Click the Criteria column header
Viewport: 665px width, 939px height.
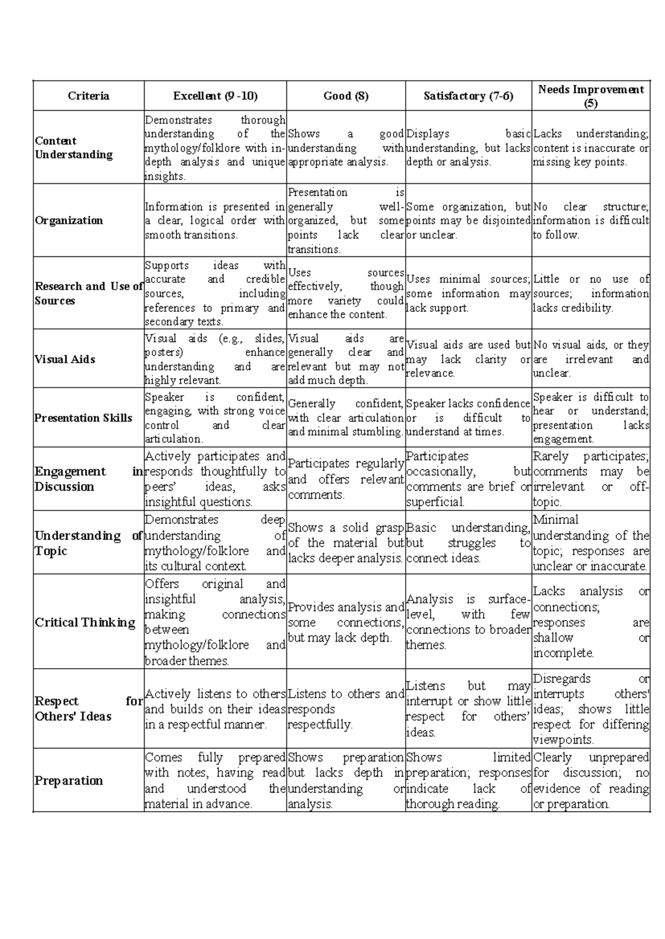click(x=88, y=96)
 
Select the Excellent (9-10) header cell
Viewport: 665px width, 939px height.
click(x=215, y=96)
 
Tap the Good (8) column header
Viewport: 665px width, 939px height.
click(x=346, y=96)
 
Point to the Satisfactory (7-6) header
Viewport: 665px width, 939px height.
click(x=468, y=96)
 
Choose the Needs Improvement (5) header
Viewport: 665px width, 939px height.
click(x=591, y=96)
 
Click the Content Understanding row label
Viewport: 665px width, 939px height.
click(x=73, y=147)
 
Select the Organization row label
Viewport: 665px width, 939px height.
click(x=69, y=220)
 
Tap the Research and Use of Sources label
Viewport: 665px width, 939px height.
click(x=88, y=293)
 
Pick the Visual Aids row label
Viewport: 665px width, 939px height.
click(x=65, y=359)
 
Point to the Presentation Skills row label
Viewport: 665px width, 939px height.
click(x=83, y=417)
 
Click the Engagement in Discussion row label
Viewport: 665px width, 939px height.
click(x=88, y=479)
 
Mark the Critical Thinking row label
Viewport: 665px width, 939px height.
click(x=85, y=622)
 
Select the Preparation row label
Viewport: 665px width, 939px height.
click(x=69, y=780)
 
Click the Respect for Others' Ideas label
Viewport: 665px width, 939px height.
click(x=88, y=708)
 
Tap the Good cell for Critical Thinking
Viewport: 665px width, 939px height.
click(x=346, y=622)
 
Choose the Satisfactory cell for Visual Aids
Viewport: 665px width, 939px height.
click(x=468, y=359)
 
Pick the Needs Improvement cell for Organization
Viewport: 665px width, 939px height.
click(x=591, y=220)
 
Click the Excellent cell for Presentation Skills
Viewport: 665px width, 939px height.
click(x=215, y=417)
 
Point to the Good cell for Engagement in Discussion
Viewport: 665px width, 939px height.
click(x=346, y=479)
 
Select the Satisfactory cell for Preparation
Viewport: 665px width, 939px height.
click(x=468, y=780)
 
